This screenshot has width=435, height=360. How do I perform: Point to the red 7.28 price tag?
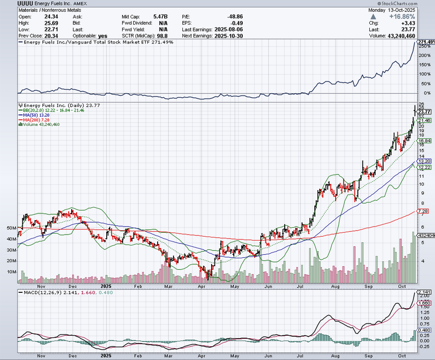click(423, 211)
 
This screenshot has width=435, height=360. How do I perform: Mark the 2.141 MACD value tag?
click(425, 292)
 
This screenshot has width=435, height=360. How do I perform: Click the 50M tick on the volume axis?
click(12, 228)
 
